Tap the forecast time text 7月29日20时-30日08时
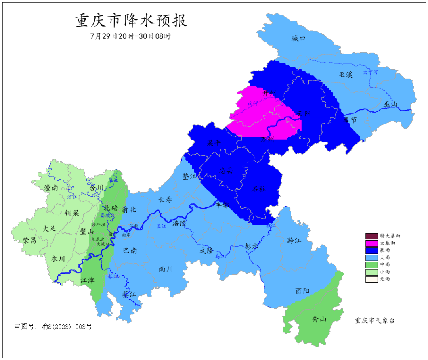click(x=131, y=36)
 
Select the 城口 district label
click(x=298, y=38)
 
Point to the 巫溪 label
click(x=345, y=75)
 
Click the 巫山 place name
click(x=390, y=105)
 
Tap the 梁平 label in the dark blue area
click(x=214, y=143)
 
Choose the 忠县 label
click(x=226, y=170)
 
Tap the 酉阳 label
click(x=302, y=291)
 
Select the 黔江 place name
click(x=294, y=241)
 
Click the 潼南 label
click(x=52, y=188)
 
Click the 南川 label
click(x=166, y=269)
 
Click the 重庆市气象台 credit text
click(x=374, y=321)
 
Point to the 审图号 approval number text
click(x=53, y=327)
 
